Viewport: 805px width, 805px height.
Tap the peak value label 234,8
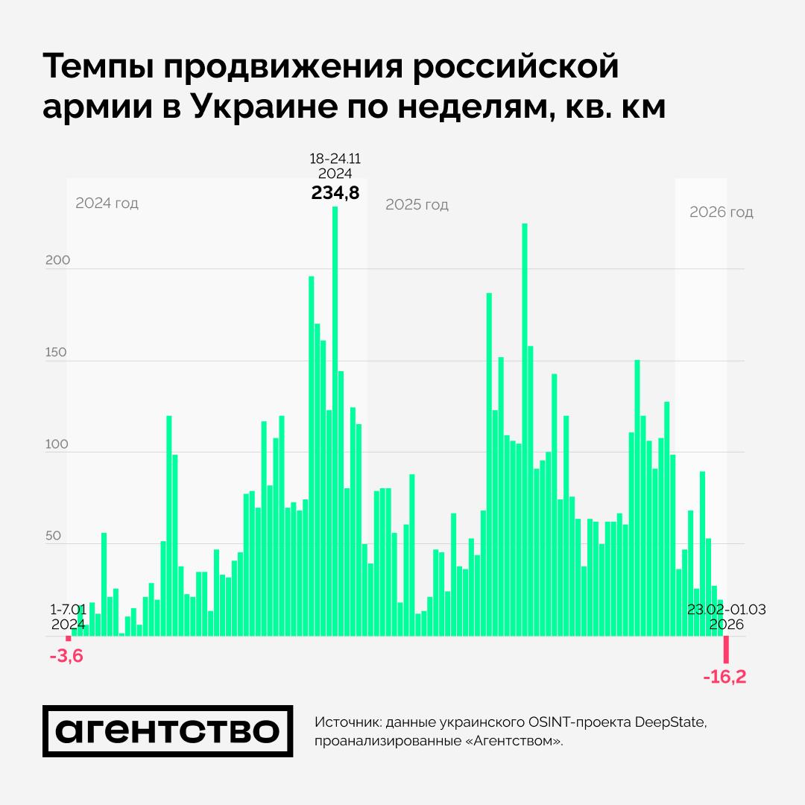tap(335, 193)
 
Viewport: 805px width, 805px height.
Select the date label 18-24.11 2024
tap(335, 165)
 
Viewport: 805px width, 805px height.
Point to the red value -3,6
tap(66, 658)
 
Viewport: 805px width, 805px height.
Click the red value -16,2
tap(724, 677)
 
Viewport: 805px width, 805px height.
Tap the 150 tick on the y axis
tap(56, 353)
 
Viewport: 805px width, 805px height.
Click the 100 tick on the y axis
tap(56, 444)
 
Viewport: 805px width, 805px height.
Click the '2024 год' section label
tap(107, 203)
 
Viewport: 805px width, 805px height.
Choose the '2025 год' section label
tap(417, 205)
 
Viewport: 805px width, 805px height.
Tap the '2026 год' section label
tap(721, 212)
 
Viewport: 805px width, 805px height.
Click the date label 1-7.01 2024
tap(68, 616)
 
